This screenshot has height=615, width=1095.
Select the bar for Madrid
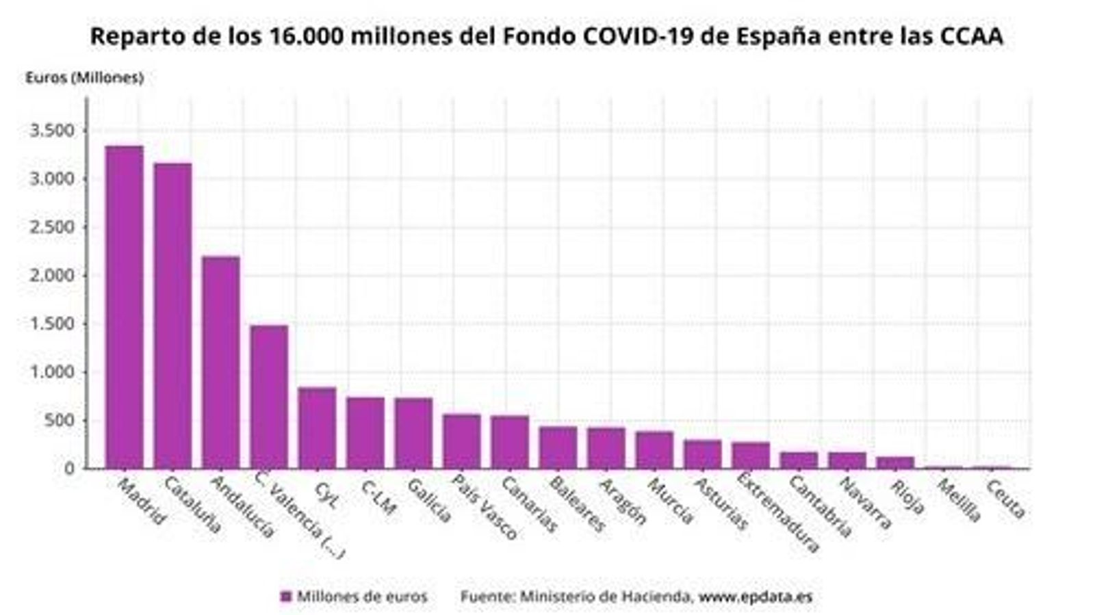[x=124, y=307]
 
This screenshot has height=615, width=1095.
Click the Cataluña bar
[x=172, y=315]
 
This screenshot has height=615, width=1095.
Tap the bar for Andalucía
[x=220, y=363]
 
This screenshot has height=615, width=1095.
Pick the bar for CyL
[x=317, y=428]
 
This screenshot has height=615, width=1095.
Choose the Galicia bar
[x=413, y=433]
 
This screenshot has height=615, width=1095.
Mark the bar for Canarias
[x=510, y=442]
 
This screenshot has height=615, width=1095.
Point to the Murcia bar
[x=654, y=449]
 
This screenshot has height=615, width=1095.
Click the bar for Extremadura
[x=751, y=455]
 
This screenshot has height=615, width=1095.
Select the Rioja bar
[x=895, y=462]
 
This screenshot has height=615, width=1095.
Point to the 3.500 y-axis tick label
[x=51, y=131]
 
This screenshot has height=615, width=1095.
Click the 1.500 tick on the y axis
[x=51, y=324]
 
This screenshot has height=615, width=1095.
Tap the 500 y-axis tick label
[x=60, y=421]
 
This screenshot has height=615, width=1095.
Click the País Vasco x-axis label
[x=484, y=507]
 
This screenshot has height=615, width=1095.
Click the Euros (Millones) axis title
[x=84, y=78]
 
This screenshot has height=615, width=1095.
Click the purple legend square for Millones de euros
[x=286, y=597]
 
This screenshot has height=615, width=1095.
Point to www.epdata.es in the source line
[x=756, y=597]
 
